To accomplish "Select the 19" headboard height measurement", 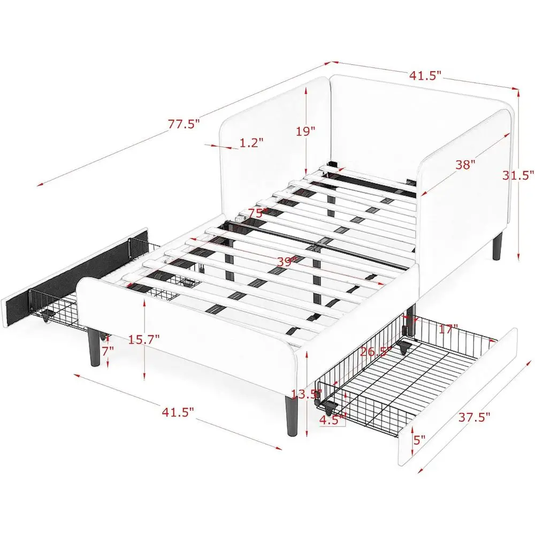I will (305, 131).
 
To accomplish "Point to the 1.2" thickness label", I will (251, 143).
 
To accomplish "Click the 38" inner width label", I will (465, 164).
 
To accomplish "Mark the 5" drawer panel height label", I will (419, 440).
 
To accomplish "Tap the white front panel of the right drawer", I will (460, 396).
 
